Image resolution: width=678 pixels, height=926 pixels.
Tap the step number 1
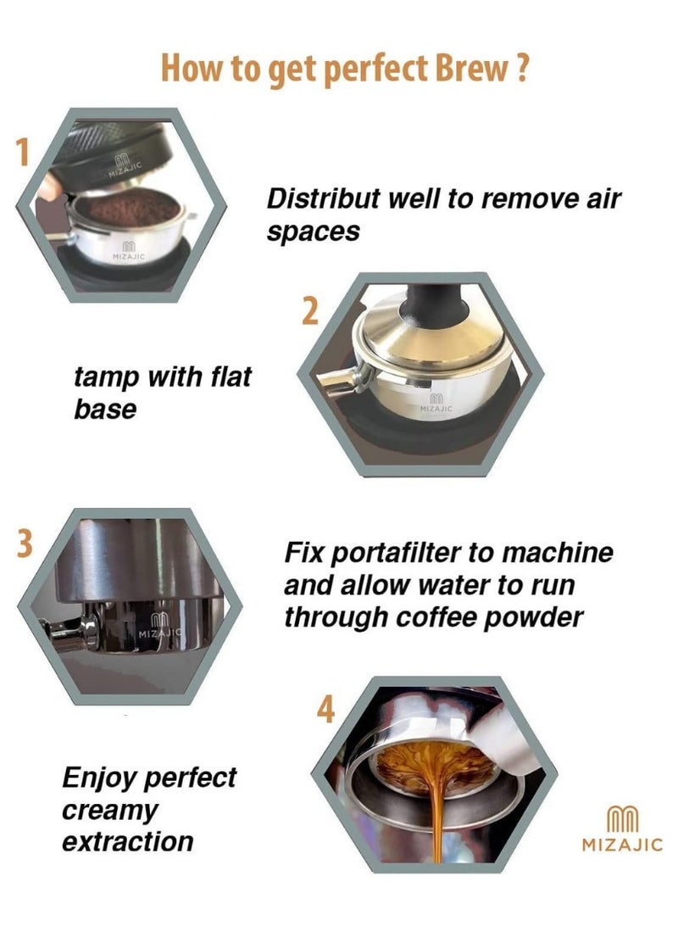(22, 153)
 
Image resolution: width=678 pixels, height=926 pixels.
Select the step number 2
(310, 311)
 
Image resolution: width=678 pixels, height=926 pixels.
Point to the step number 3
(25, 544)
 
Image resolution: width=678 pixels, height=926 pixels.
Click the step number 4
(325, 709)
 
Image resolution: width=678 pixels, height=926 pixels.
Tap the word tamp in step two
(106, 378)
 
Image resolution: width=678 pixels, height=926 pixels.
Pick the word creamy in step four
(110, 812)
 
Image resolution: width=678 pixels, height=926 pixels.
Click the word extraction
(127, 841)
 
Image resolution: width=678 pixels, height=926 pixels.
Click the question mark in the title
(520, 69)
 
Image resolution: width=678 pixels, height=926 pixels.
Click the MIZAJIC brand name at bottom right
(622, 845)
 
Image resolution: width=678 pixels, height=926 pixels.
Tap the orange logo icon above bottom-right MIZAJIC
(623, 819)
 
